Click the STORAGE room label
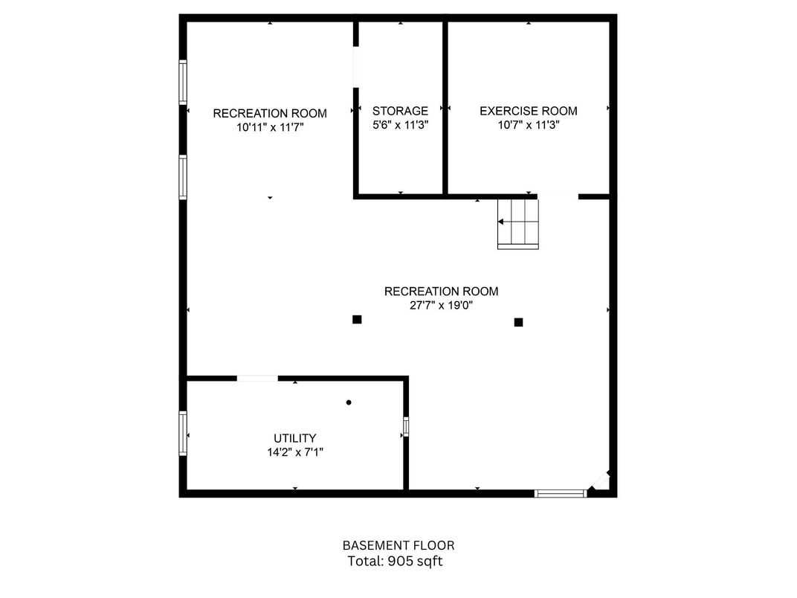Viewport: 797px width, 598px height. pyautogui.click(x=400, y=111)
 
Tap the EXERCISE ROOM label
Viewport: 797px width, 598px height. pyautogui.click(x=528, y=111)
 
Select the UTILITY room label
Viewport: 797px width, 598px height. pyautogui.click(x=295, y=438)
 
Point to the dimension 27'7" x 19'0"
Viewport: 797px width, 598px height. pyautogui.click(x=441, y=305)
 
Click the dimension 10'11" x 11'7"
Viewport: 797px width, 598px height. pyautogui.click(x=270, y=127)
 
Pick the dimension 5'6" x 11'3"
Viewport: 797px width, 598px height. pyautogui.click(x=401, y=125)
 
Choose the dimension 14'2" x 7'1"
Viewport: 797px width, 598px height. pyautogui.click(x=295, y=451)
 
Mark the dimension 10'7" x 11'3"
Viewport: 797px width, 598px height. pyautogui.click(x=529, y=125)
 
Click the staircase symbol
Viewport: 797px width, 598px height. pyautogui.click(x=518, y=224)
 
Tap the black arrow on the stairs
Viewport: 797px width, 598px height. pyautogui.click(x=500, y=222)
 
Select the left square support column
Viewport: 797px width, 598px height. pyautogui.click(x=357, y=319)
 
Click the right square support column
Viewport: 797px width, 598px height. pyautogui.click(x=518, y=322)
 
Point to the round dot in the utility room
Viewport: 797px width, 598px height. pyautogui.click(x=349, y=402)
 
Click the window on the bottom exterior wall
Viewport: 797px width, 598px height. pyautogui.click(x=560, y=492)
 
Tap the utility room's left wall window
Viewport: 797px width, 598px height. pyautogui.click(x=183, y=433)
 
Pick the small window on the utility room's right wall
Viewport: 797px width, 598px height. pyautogui.click(x=406, y=427)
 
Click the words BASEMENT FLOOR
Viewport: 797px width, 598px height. pyautogui.click(x=398, y=546)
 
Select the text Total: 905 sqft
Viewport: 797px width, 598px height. pyautogui.click(x=395, y=561)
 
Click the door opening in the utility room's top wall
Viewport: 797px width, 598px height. pyautogui.click(x=257, y=379)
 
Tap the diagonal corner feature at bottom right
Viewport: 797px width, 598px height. pyautogui.click(x=601, y=481)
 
